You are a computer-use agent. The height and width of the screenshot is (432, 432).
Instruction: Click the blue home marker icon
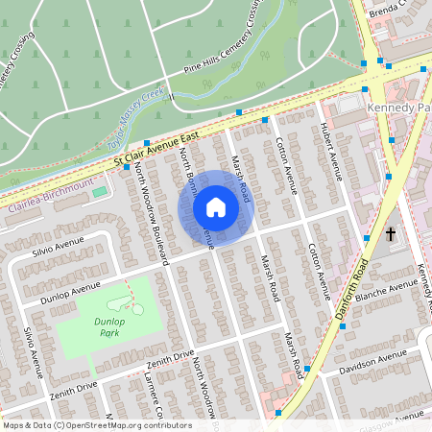[x=215, y=207]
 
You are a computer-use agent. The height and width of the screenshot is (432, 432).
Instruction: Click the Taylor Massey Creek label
[x=135, y=117]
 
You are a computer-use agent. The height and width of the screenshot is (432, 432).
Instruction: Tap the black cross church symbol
[x=391, y=233]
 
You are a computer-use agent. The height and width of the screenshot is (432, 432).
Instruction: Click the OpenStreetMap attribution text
[x=96, y=425]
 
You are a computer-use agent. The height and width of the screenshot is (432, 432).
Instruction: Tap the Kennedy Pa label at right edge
[x=397, y=108]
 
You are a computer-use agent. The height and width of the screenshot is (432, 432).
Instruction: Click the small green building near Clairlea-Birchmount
[x=100, y=192]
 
